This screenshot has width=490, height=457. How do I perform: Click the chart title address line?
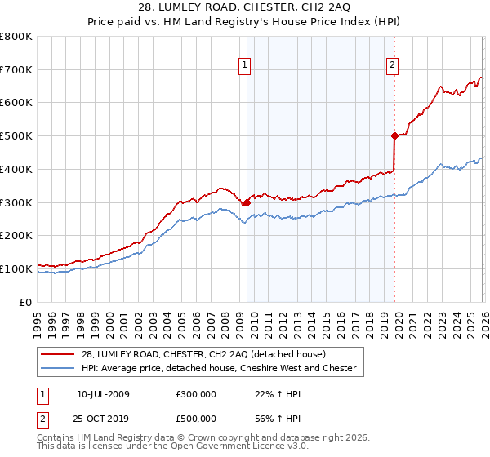(x=245, y=8)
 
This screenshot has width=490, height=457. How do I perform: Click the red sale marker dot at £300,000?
(x=247, y=202)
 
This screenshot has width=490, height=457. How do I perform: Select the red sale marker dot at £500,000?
(x=394, y=135)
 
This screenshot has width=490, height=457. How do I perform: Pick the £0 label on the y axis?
(x=26, y=302)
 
